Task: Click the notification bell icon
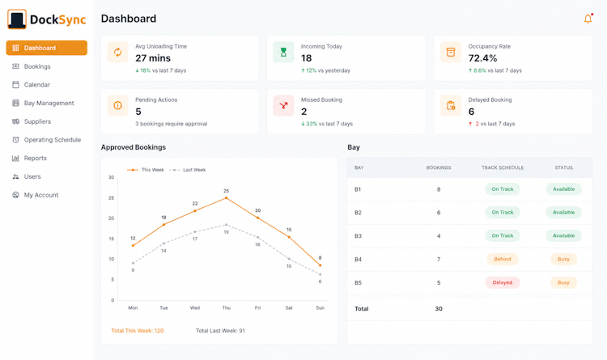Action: coord(588,19)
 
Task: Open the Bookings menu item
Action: coord(37,66)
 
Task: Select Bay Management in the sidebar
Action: coord(49,103)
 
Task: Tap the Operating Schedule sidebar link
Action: coord(53,140)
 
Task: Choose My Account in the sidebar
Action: coord(41,195)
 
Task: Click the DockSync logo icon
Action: coord(17,19)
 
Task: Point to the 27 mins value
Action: coord(153,58)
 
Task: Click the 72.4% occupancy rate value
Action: coord(482,58)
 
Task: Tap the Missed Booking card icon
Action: coord(283,105)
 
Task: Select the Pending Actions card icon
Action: coord(117,105)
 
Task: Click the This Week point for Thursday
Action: coord(227,198)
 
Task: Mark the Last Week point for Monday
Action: coord(133,263)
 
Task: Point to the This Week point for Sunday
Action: coord(320,265)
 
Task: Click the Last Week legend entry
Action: coord(188,170)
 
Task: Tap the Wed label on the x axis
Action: coord(195,308)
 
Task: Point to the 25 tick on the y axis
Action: coord(112,198)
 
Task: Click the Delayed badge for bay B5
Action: coord(502,282)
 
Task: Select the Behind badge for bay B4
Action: coord(502,259)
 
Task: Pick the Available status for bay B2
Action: coord(563,213)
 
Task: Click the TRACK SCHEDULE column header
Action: coord(503,167)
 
